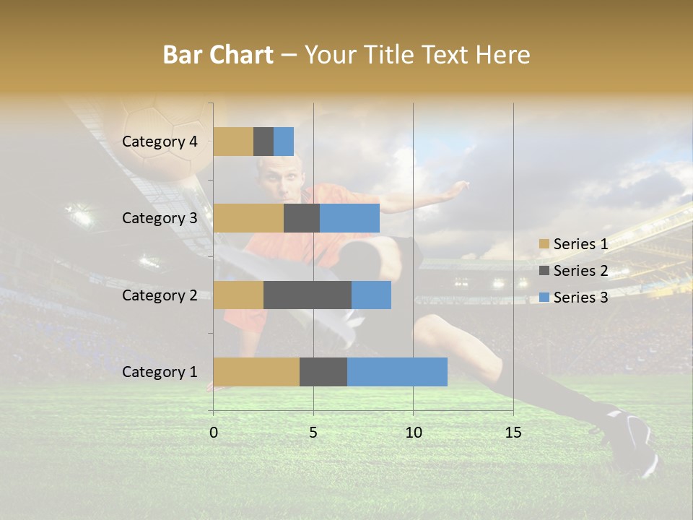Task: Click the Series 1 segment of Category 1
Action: point(256,371)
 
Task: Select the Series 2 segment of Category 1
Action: point(323,371)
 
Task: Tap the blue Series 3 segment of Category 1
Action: point(397,371)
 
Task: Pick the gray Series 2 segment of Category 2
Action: point(308,295)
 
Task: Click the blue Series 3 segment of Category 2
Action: point(371,295)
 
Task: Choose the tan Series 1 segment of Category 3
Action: point(248,218)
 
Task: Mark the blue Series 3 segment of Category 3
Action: point(349,218)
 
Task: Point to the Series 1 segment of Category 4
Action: point(233,142)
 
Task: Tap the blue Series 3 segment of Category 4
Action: point(284,142)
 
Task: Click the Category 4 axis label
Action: point(160,142)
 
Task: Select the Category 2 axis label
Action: point(160,295)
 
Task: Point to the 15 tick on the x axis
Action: point(513,433)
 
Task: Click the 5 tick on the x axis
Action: point(313,433)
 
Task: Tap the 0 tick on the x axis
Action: point(214,433)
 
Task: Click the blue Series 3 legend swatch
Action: point(544,298)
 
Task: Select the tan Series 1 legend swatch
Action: point(544,244)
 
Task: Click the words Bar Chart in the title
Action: point(218,55)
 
